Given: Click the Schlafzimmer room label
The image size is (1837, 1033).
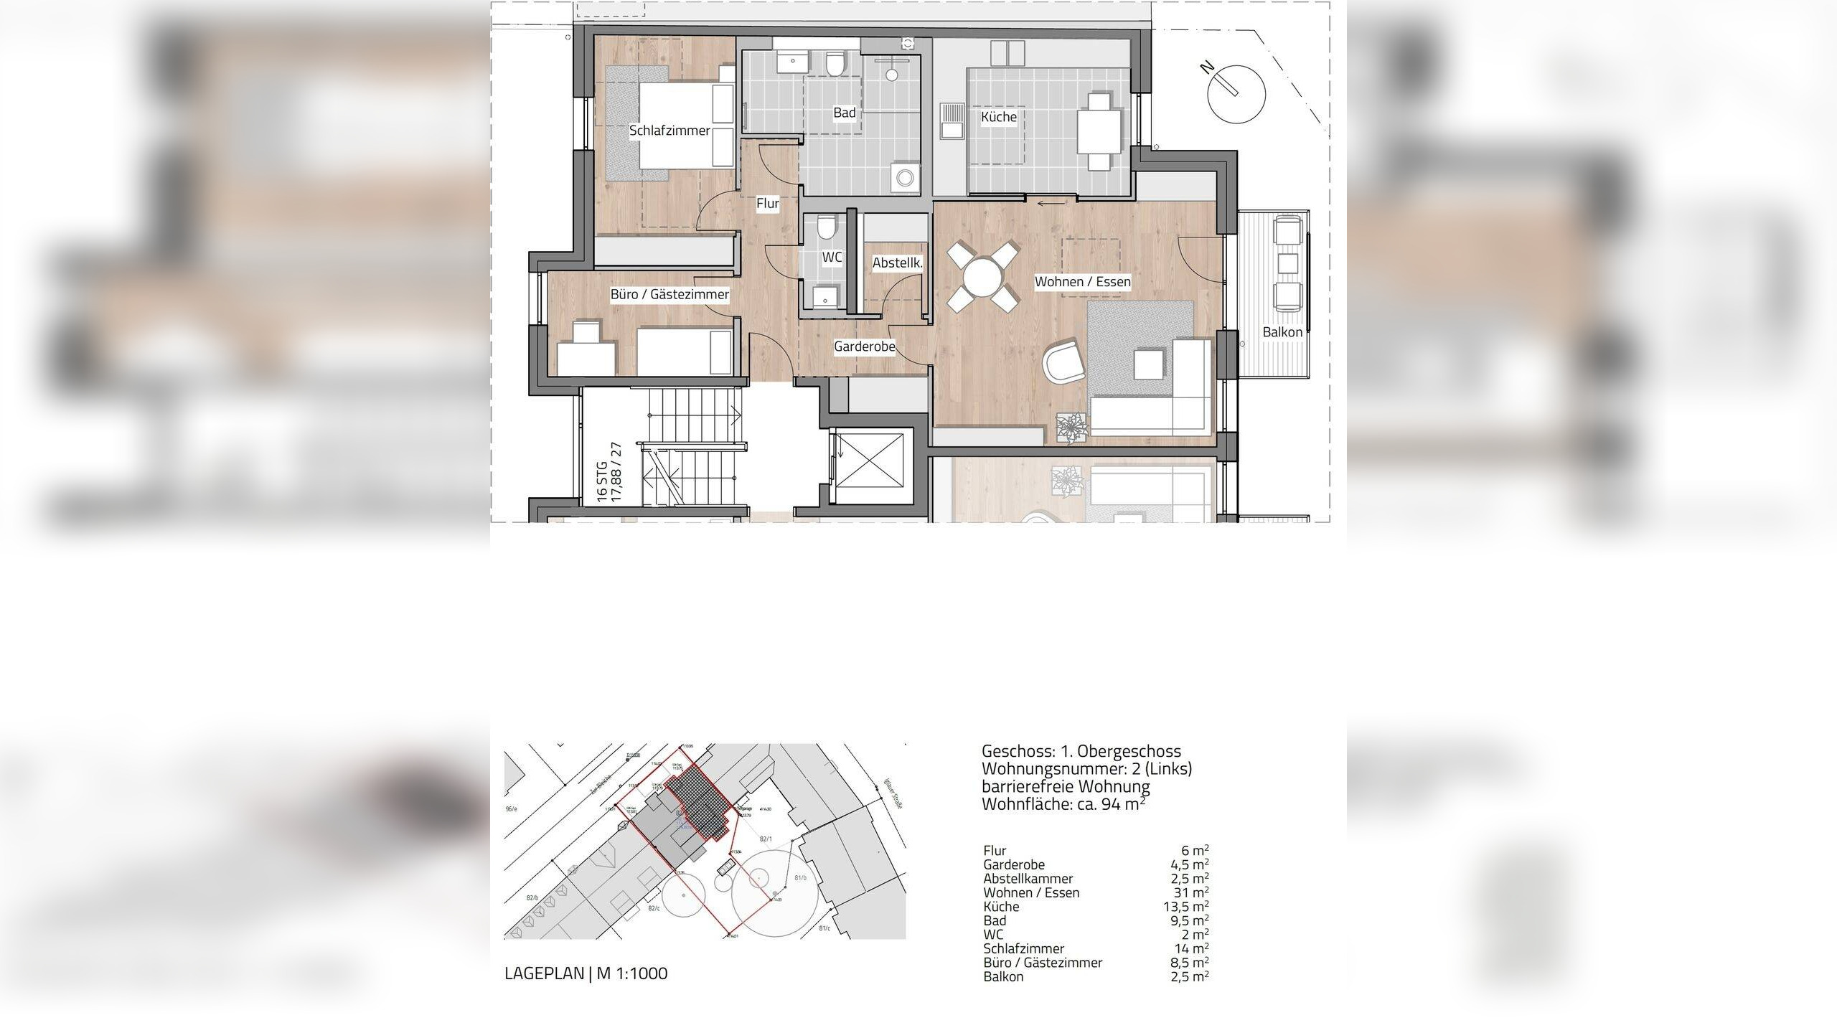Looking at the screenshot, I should point(670,131).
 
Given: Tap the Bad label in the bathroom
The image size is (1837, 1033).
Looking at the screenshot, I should point(844,113).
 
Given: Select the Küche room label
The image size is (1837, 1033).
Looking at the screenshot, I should point(998,117).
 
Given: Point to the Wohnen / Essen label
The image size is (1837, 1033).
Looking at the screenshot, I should point(1082,282).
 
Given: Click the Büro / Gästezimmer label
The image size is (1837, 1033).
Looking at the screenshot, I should point(670,294).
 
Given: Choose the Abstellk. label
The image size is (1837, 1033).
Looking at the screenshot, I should point(897,263).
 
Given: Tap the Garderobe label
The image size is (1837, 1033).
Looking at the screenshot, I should point(864,347).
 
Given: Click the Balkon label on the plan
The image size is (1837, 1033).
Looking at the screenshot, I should point(1282,332).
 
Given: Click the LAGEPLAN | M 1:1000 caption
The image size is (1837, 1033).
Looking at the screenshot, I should point(586,973).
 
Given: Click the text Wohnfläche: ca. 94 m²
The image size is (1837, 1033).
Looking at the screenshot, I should point(1063,804).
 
